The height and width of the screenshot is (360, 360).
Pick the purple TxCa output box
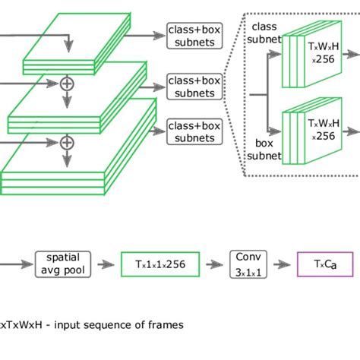pyautogui.click(x=325, y=264)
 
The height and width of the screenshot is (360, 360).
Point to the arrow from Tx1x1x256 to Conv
pyautogui.click(x=216, y=264)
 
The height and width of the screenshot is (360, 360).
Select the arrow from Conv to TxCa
pyautogui.click(x=282, y=264)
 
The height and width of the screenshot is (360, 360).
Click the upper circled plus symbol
pyautogui.click(x=67, y=84)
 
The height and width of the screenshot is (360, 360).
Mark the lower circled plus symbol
pyautogui.click(x=67, y=142)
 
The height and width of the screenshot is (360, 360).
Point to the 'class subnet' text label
pyautogui.click(x=264, y=33)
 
